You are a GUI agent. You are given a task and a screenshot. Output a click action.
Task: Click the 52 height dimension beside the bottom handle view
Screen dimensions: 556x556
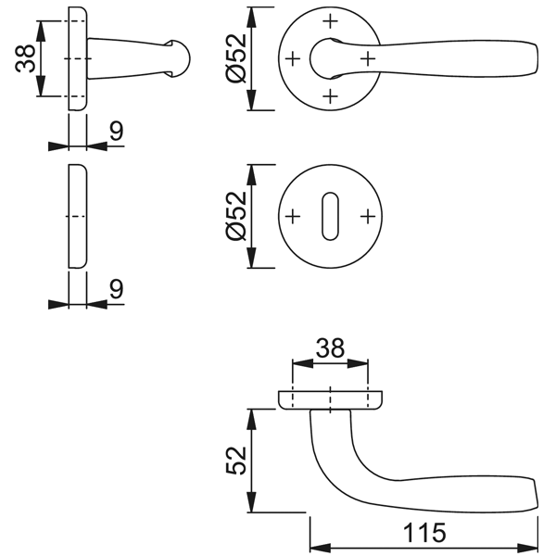[235, 460]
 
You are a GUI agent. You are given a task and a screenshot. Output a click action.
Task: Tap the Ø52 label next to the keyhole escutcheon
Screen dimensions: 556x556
[235, 217]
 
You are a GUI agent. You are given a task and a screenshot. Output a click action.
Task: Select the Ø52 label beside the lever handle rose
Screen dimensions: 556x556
[235, 58]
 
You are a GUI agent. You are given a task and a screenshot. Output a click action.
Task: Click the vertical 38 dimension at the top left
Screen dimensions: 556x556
[26, 59]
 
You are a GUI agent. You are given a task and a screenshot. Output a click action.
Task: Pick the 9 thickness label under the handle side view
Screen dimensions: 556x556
[116, 132]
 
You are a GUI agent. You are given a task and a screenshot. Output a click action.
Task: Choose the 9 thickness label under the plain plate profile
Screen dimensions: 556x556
[116, 289]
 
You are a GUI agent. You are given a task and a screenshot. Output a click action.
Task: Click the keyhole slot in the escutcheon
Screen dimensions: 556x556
[330, 217]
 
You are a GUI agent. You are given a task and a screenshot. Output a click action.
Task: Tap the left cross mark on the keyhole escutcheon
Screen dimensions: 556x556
[293, 217]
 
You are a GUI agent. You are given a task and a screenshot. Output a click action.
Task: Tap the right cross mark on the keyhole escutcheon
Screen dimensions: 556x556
[368, 217]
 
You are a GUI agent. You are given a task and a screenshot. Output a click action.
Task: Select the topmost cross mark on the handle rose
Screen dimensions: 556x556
[330, 20]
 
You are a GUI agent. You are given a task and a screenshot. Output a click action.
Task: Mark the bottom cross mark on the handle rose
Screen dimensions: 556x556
[330, 96]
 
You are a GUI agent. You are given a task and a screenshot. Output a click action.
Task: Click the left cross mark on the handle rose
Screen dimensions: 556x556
[293, 58]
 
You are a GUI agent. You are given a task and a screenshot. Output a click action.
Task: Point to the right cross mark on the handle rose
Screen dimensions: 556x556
[368, 58]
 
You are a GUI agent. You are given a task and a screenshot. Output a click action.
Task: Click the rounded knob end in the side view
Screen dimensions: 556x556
[182, 58]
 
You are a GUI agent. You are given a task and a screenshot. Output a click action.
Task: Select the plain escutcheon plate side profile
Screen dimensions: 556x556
[77, 217]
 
